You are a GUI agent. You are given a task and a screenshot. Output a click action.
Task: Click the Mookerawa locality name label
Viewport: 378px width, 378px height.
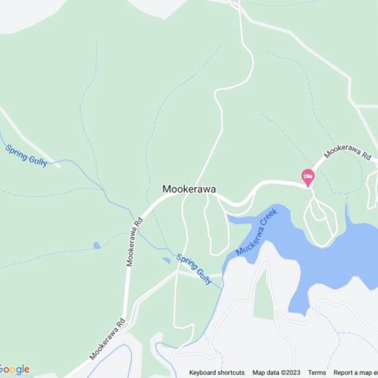[189, 190]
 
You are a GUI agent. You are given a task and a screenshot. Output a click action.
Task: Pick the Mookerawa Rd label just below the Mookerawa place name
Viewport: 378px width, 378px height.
[134, 242]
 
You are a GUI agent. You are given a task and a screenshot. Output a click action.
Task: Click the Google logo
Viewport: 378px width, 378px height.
[15, 369]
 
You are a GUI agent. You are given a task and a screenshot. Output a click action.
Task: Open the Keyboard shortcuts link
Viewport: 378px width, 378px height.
[217, 373]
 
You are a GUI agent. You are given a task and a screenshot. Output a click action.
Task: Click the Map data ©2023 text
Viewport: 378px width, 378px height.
[276, 373]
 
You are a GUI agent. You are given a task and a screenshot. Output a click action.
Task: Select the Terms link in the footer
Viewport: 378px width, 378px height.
[317, 373]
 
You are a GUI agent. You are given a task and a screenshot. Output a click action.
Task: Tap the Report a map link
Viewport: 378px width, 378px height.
[355, 373]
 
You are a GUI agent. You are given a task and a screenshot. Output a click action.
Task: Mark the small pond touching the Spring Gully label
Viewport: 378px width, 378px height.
[166, 260]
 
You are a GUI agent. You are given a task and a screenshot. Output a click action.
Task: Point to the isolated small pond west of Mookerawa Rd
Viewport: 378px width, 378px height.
[96, 245]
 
